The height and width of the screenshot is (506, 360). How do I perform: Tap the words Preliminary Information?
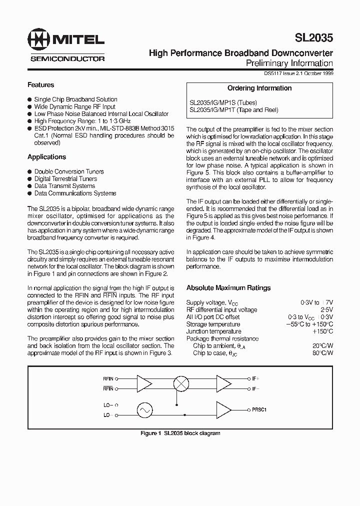coord(289,63)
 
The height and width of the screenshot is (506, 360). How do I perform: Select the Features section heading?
coord(40,85)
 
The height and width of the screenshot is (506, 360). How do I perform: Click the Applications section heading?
coord(46,157)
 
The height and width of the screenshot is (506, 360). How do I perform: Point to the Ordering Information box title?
coord(259,88)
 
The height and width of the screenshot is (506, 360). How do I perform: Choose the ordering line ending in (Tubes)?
coord(223,102)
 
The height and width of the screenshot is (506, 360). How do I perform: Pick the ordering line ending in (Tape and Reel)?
coord(233,110)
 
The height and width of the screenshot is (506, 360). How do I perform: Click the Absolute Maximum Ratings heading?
coord(228,288)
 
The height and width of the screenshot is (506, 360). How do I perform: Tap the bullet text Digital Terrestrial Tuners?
coord(65,178)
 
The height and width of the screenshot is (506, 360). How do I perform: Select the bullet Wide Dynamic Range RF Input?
coord(74,106)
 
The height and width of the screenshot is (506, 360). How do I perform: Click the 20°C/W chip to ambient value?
coord(322,346)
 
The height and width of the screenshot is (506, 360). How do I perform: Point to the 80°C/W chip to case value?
coord(322,353)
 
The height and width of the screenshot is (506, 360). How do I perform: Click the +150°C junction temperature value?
coord(322,331)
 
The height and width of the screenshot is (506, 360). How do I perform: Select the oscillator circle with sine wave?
coord(145,410)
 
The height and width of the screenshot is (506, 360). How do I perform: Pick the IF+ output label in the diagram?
coord(255,379)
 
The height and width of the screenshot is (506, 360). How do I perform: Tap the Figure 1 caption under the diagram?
coord(180,433)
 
